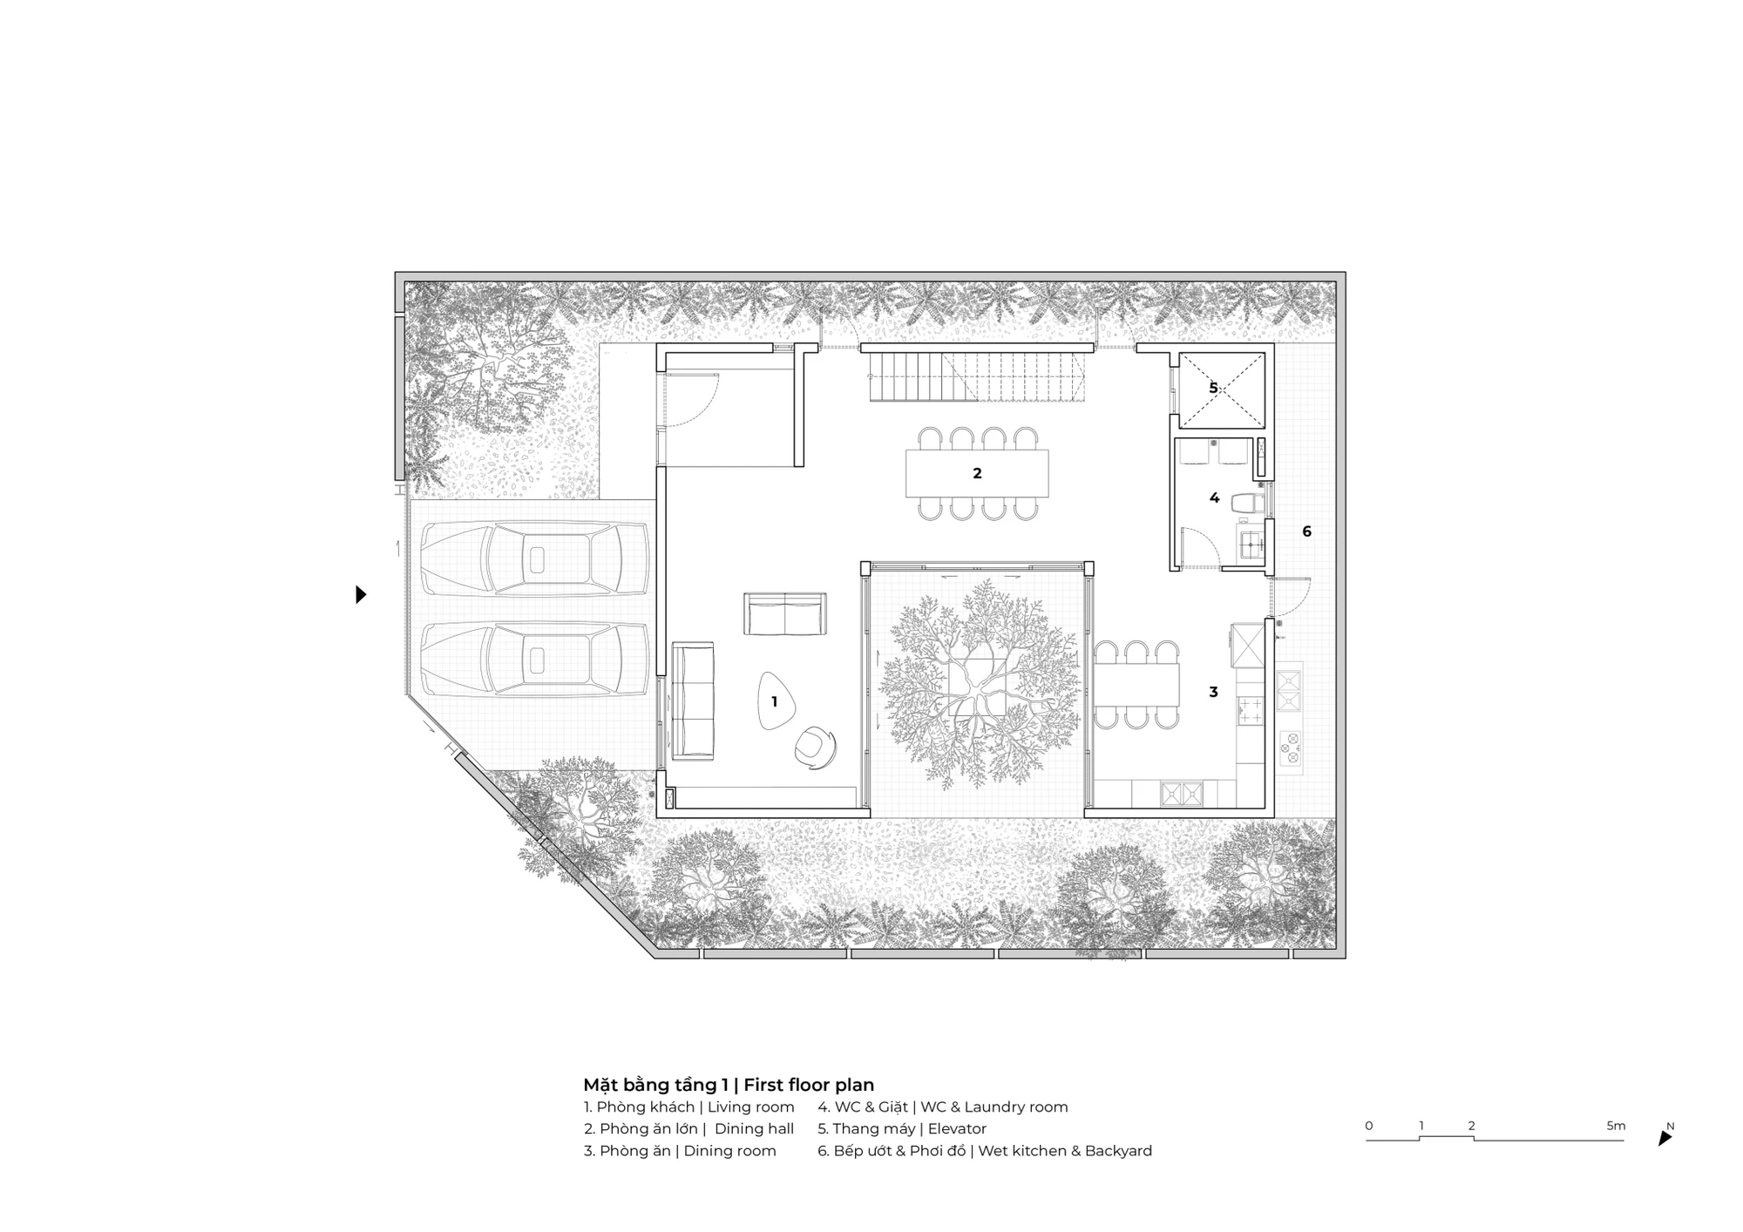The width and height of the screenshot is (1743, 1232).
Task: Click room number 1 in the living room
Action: (x=774, y=701)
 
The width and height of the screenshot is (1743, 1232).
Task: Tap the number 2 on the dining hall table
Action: (x=977, y=473)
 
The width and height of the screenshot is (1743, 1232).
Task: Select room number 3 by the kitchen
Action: (x=1213, y=692)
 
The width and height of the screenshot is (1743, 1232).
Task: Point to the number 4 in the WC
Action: (x=1214, y=498)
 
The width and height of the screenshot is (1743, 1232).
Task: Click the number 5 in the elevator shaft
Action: (x=1213, y=388)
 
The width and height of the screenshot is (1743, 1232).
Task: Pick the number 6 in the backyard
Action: (x=1306, y=531)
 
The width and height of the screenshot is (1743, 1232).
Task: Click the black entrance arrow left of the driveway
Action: (x=361, y=594)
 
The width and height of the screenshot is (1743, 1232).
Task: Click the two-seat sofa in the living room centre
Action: (x=785, y=613)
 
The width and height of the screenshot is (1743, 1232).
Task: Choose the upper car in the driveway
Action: (x=535, y=559)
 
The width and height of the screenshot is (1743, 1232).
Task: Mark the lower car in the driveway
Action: (x=535, y=659)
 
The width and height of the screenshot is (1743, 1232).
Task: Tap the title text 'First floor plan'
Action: (x=809, y=1085)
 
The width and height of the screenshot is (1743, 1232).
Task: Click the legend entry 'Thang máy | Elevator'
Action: (x=902, y=1128)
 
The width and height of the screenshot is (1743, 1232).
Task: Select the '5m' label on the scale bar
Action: (x=1616, y=1126)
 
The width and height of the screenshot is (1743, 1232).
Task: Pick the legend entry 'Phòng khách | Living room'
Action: (x=689, y=1107)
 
